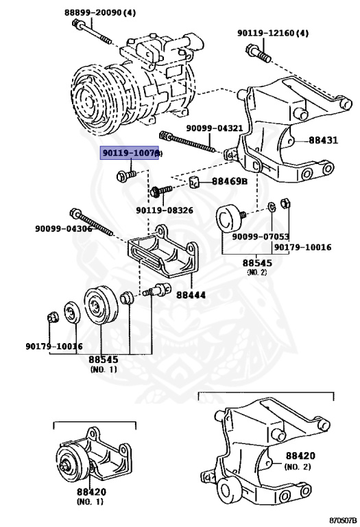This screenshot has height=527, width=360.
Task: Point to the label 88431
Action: (x=322, y=140)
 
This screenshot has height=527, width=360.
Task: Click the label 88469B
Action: (x=228, y=182)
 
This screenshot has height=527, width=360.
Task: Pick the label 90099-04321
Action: (x=214, y=128)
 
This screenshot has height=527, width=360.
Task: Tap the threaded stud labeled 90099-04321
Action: (x=188, y=142)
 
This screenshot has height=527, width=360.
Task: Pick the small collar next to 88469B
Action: (x=195, y=182)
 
